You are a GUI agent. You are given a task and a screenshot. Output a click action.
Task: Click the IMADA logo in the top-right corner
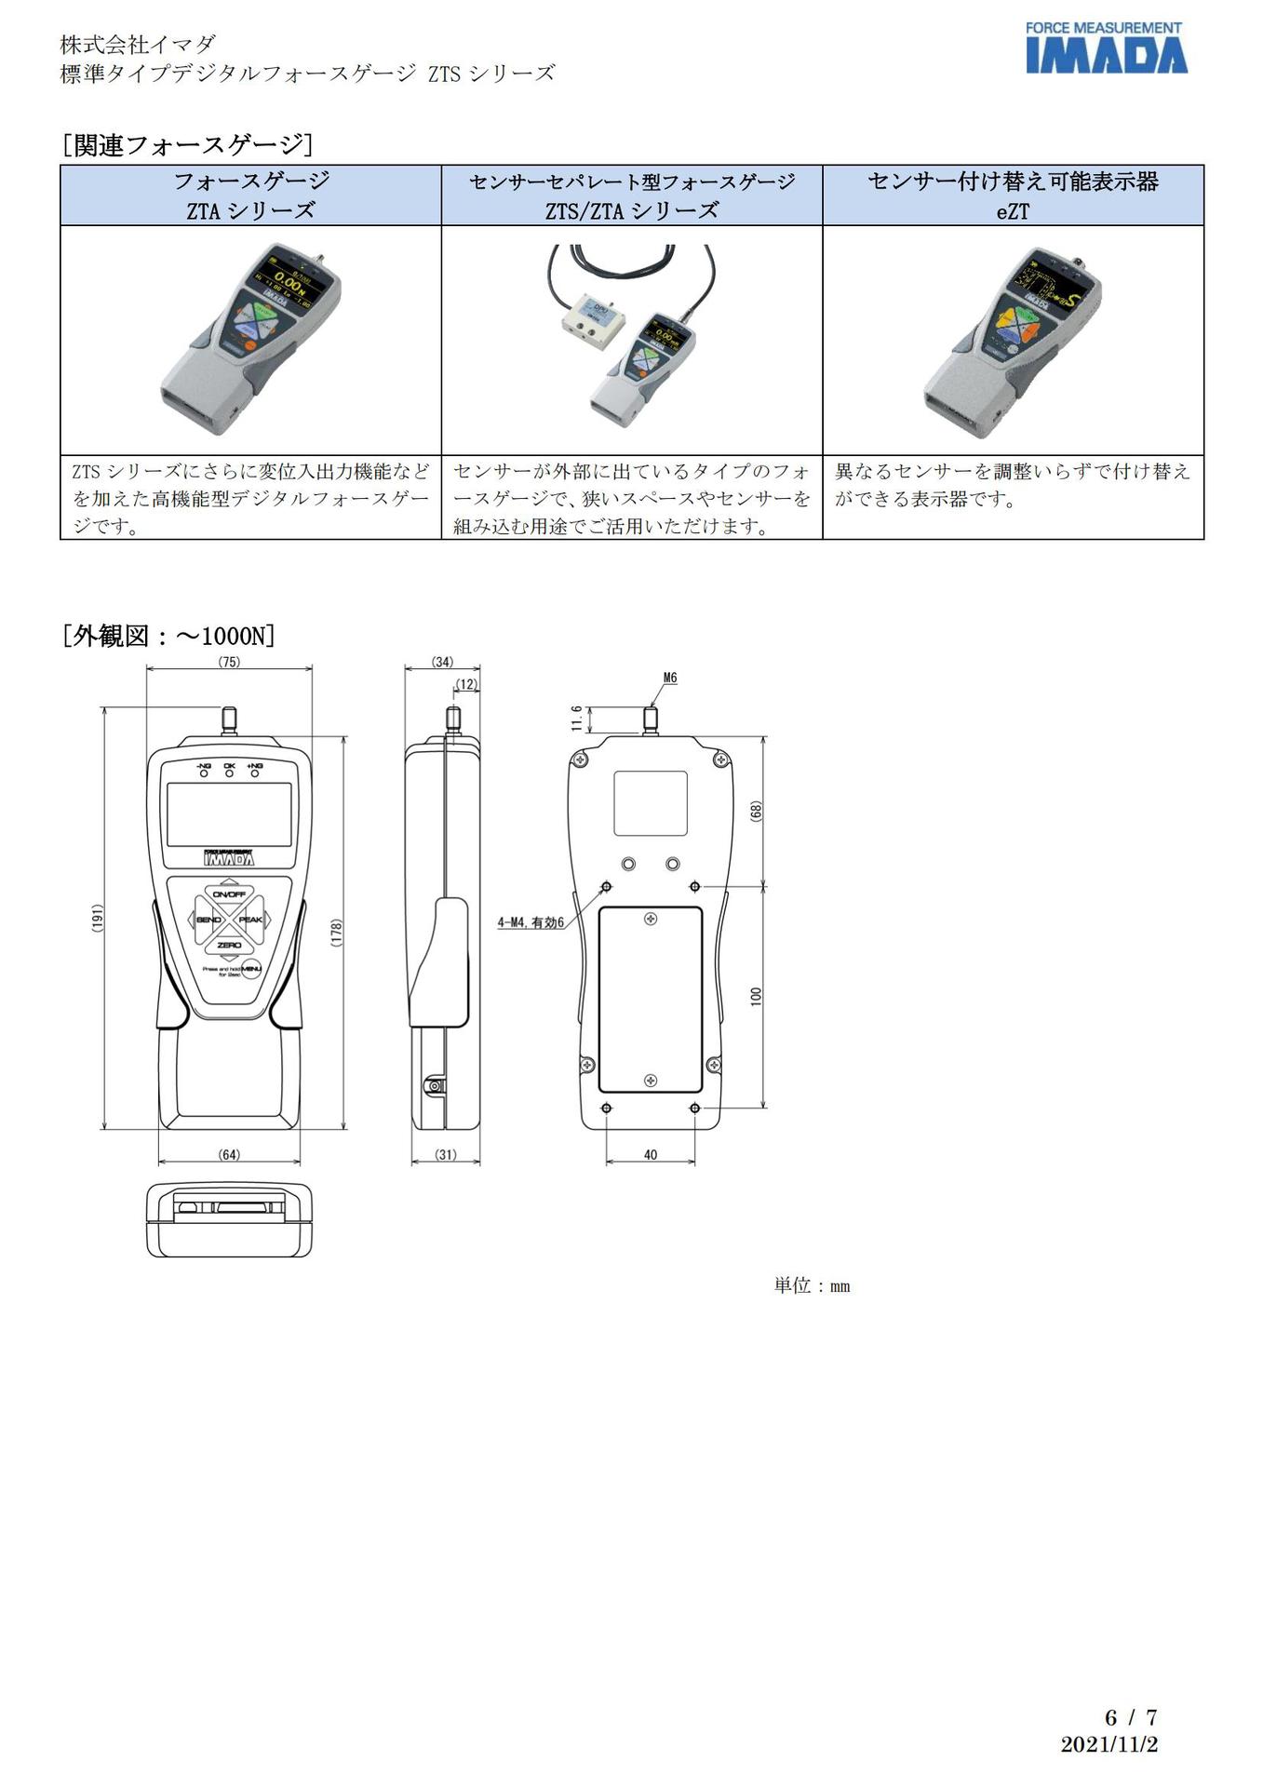point(1106,48)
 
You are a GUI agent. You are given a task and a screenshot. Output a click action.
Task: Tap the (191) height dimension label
point(98,918)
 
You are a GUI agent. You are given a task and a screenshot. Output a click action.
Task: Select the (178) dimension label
point(337,933)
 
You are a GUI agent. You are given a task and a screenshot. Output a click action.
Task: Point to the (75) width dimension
point(229,662)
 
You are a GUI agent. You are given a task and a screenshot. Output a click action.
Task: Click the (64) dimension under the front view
point(229,1155)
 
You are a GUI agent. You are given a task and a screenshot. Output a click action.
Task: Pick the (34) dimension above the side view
point(442,662)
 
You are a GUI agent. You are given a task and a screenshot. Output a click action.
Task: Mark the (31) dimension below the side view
point(446,1155)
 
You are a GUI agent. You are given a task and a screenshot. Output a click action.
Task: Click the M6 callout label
point(670,678)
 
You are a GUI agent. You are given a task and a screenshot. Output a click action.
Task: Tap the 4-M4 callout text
point(531,922)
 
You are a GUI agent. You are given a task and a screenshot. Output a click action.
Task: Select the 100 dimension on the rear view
point(756,996)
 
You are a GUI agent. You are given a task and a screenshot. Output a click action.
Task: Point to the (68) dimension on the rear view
point(756,811)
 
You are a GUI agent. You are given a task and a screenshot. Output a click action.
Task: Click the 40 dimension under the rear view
point(651,1155)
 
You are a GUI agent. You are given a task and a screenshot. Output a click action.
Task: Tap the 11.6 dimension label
point(577,718)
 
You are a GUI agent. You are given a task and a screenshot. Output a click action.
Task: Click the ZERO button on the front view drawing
point(229,945)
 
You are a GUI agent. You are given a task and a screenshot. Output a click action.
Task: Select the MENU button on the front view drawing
point(251,968)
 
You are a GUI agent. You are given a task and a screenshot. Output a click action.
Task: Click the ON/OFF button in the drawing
point(229,894)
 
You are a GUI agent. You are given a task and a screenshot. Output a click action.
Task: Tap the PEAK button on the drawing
point(251,920)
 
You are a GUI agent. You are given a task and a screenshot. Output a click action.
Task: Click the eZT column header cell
point(1013,195)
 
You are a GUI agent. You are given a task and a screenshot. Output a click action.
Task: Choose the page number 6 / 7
point(1130,1717)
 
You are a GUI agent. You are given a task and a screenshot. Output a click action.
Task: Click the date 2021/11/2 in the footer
point(1108,1744)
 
